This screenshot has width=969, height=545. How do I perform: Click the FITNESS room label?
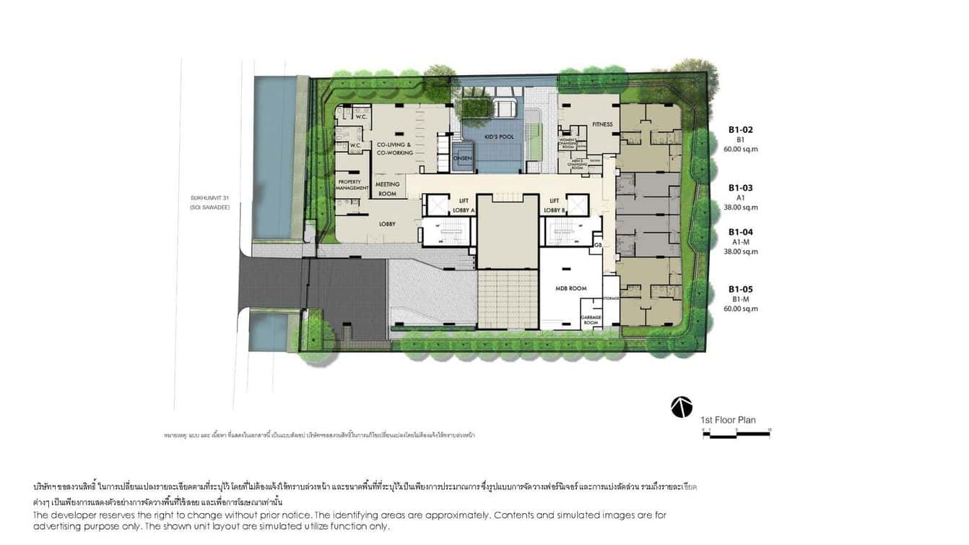pos(602,124)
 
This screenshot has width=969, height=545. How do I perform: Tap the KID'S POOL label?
pos(498,137)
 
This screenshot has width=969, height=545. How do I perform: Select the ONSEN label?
pos(462,159)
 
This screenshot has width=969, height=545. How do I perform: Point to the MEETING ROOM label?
pos(388,189)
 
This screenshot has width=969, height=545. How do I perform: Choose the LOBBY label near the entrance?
pos(387,224)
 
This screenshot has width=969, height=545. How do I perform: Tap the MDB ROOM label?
pos(571,288)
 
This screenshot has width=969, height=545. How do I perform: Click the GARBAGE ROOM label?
pos(591,320)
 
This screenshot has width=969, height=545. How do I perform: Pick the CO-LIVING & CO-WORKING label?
pos(395,149)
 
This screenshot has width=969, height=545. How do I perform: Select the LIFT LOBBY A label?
pos(464,206)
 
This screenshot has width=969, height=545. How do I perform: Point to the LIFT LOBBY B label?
pos(555,206)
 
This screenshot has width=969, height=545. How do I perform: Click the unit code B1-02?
pos(740,130)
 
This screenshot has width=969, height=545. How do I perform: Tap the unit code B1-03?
pos(740,187)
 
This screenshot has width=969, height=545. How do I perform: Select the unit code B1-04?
pos(740,232)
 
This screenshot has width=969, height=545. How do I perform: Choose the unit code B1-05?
pos(740,289)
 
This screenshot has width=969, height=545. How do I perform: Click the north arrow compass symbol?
pos(681,407)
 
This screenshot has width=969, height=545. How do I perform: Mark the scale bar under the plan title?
pos(736,432)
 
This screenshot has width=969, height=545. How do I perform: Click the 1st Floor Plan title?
pos(728,420)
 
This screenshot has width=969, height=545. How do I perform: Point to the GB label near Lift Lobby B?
pos(598,246)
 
